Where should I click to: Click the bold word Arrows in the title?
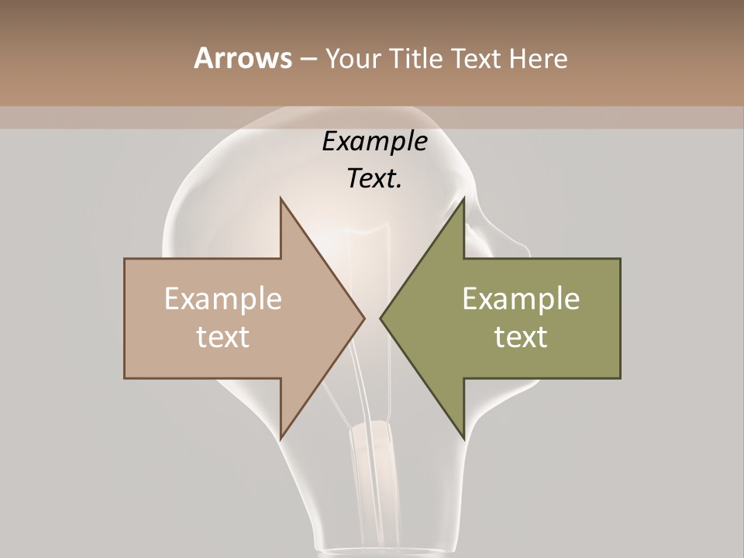pos(243,58)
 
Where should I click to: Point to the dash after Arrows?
pos(308,59)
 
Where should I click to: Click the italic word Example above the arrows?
pos(375,141)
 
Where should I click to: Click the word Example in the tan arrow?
pos(223,299)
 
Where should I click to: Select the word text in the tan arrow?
pos(223,337)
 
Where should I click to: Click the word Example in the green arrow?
pos(521,299)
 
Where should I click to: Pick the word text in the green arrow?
pos(521,337)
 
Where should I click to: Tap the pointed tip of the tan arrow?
pos(363,318)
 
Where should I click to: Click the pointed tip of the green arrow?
pos(381,318)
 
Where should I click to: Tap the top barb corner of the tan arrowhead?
pos(281,198)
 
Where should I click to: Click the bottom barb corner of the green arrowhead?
pos(463,439)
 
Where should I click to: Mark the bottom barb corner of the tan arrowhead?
pos(281,439)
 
